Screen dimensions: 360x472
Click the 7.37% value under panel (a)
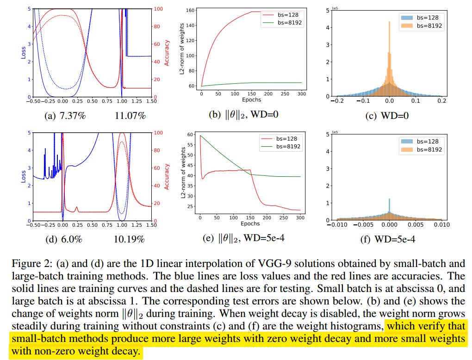pos(73,116)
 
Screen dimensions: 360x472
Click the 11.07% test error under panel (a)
pos(130,116)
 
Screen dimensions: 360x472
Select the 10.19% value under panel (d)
pos(129,239)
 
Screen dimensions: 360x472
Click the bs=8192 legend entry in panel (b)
pos(289,23)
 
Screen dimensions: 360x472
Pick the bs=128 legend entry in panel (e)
pos(285,138)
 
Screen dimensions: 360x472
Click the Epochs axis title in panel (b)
pos(251,99)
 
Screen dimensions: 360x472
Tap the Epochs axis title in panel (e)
pos(250,223)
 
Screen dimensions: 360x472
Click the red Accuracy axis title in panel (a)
pos(168,52)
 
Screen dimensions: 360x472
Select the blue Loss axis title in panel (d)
pos(23,176)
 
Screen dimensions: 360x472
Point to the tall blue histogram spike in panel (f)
pos(390,206)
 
